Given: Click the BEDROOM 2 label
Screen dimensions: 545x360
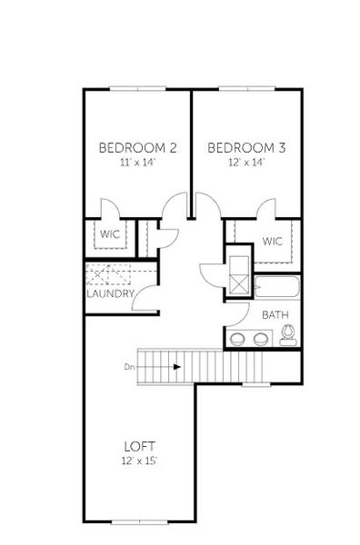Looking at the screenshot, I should coord(137,147).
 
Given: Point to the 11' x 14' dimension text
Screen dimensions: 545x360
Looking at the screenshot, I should coord(137,163).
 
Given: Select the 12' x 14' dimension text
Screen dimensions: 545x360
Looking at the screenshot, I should coord(245,163).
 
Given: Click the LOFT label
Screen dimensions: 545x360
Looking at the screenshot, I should coord(139,446).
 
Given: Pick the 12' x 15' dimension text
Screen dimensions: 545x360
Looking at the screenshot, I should coord(139,461).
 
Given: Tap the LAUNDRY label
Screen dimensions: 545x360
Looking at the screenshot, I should coord(111,293).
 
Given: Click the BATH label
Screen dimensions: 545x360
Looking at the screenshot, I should coord(275,315).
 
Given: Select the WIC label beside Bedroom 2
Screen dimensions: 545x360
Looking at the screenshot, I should coord(110,233).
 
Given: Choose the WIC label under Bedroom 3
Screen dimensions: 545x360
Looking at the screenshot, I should coord(273,241).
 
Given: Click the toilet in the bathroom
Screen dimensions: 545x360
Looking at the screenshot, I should coord(289,337).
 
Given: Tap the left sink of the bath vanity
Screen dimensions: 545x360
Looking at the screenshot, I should coord(237,340).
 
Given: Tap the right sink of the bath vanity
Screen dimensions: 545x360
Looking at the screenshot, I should coord(261,340).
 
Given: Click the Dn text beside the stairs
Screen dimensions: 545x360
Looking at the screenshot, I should coord(130,367).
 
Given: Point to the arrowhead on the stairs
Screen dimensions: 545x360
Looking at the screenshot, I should coord(177,367).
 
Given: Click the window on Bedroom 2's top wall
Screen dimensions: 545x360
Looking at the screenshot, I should coord(137,88).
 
